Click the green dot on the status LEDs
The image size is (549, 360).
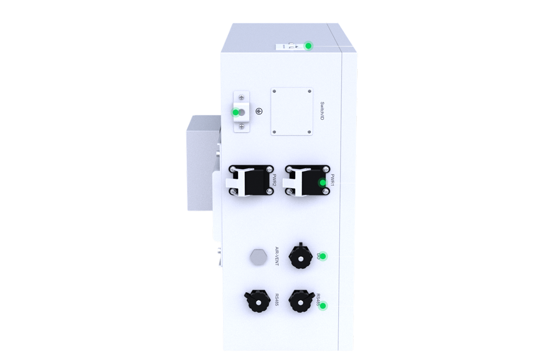[x=308, y=45]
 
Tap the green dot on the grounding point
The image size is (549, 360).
[x=235, y=112]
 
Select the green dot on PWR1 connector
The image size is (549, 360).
[x=322, y=183]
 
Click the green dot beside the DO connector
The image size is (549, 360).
[x=323, y=256]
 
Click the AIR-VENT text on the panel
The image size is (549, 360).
[x=277, y=256]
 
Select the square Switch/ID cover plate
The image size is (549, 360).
[x=292, y=111]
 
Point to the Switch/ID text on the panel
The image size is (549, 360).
[x=322, y=111]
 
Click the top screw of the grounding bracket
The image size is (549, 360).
[x=241, y=98]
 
